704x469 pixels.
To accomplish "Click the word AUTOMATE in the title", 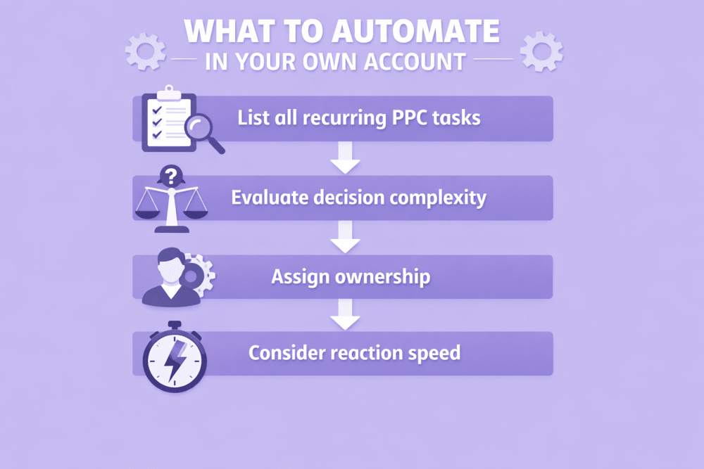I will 421,31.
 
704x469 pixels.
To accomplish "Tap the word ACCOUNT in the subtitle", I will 415,60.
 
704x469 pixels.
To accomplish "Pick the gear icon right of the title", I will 541,51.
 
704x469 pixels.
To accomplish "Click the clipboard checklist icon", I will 166,118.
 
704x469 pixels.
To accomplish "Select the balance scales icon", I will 170,204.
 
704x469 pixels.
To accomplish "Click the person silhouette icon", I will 165,277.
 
